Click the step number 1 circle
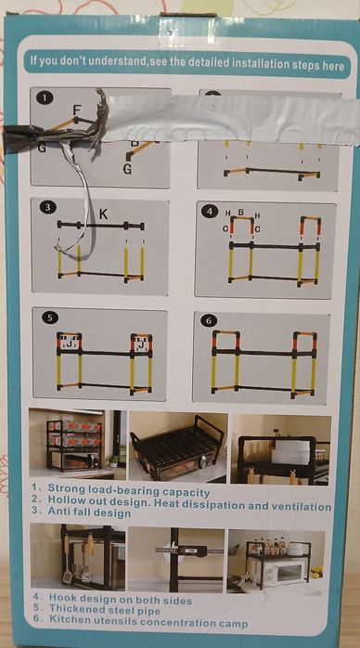pyautogui.click(x=45, y=97)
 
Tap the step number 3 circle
pyautogui.click(x=48, y=207)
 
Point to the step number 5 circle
pyautogui.click(x=49, y=318)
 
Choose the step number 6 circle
pyautogui.click(x=209, y=320)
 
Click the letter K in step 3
pyautogui.click(x=103, y=214)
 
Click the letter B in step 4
pyautogui.click(x=240, y=213)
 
